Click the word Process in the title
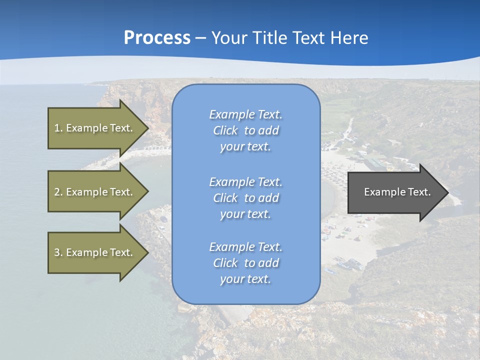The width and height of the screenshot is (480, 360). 157,38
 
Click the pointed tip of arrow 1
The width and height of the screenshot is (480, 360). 147,128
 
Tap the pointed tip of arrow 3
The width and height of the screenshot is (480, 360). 147,252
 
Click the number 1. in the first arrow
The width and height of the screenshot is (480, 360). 58,128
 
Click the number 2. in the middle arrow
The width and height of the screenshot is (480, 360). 58,192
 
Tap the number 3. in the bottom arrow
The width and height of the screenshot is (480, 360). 58,252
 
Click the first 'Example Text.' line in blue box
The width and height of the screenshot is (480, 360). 245,114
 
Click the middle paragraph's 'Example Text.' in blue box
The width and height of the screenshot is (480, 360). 245,181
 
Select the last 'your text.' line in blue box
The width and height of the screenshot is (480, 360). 245,279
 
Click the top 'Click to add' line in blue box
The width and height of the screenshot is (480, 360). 245,130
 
